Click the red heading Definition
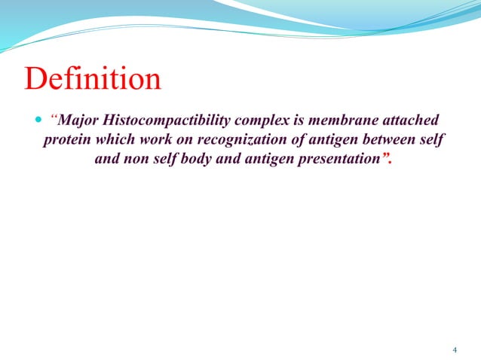(93, 79)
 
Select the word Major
(78, 121)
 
